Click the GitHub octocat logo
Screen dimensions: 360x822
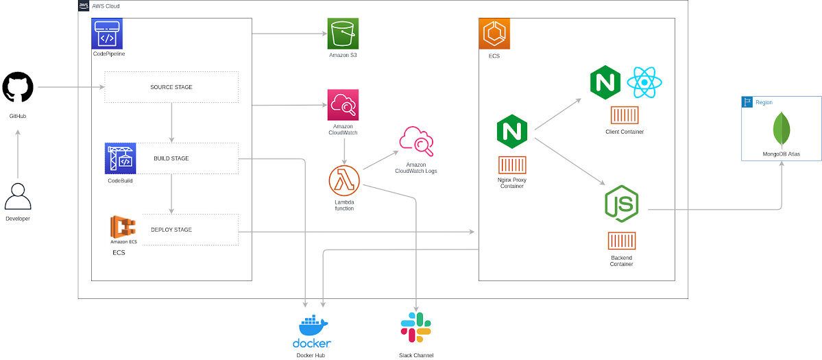click(18, 88)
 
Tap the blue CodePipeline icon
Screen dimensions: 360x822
click(107, 33)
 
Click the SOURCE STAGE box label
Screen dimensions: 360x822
click(171, 87)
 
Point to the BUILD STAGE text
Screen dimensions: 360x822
click(171, 158)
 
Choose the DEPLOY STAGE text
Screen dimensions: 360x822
click(171, 230)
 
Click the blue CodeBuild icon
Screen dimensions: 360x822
click(121, 158)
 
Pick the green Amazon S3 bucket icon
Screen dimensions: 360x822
click(343, 33)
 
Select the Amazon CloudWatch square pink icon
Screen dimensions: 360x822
click(343, 104)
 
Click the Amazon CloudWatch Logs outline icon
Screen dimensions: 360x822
click(416, 142)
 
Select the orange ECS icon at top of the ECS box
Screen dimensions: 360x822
click(494, 34)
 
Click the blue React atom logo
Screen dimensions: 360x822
click(644, 83)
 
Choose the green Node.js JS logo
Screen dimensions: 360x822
click(622, 203)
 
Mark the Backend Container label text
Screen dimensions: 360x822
click(621, 261)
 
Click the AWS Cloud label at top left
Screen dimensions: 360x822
click(106, 5)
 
